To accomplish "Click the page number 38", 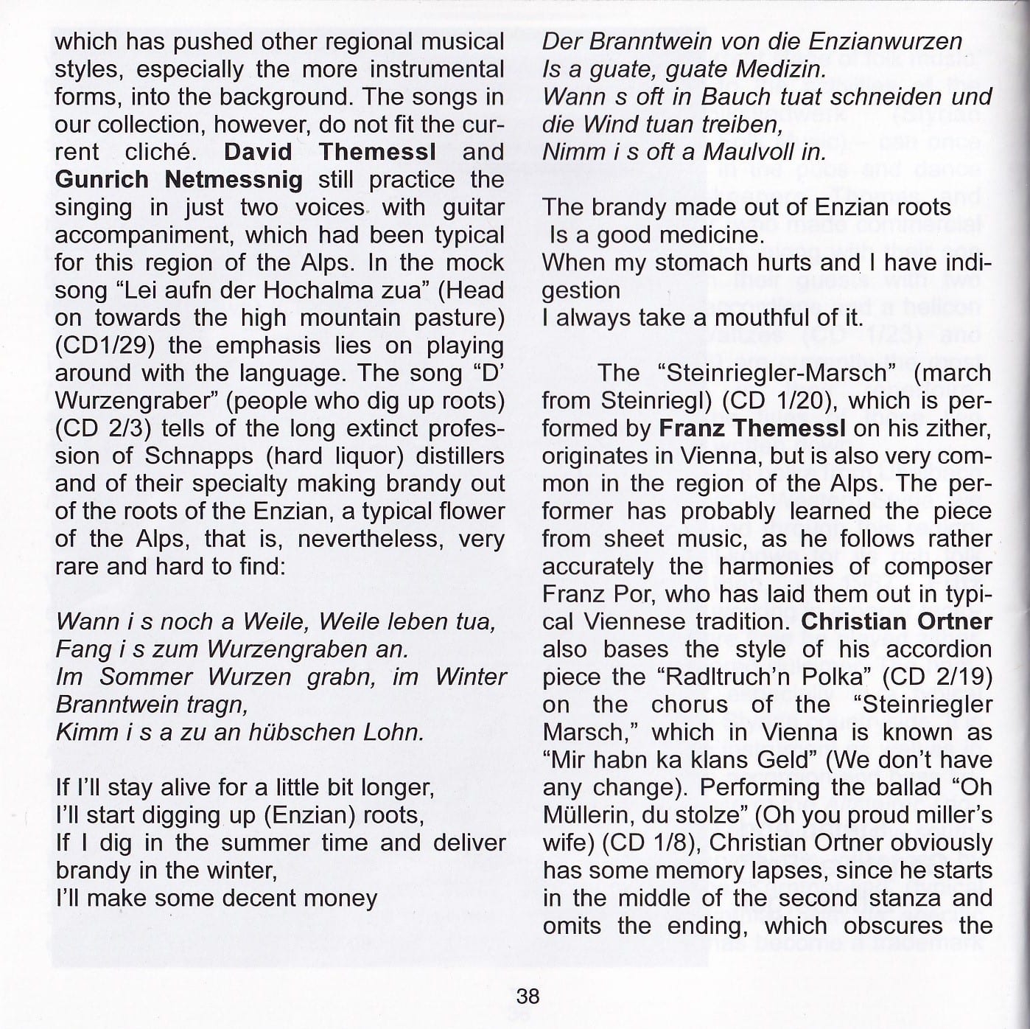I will pos(528,997).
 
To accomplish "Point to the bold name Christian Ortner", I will pos(897,621).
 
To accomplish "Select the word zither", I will pos(959,428).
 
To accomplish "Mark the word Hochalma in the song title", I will pos(317,290).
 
